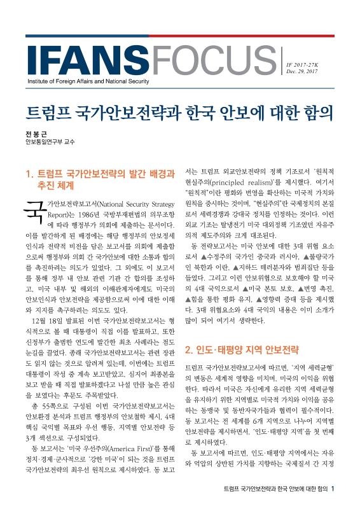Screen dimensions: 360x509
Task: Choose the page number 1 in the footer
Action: coord(341,489)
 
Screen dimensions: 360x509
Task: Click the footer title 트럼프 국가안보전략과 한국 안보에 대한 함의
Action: coord(275,489)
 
